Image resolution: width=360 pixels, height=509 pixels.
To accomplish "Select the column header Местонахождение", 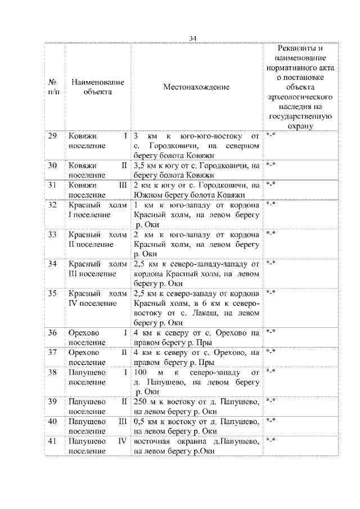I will tap(196, 87).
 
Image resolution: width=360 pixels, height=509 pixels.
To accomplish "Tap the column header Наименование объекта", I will tap(97, 87).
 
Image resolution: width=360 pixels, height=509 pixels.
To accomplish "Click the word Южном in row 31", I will tap(147, 195).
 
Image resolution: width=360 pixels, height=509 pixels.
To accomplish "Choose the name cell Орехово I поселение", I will tap(97, 337).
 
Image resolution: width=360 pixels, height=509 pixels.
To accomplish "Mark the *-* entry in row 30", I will tap(271, 165).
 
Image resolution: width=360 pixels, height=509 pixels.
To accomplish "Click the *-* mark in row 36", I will tap(271, 332).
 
